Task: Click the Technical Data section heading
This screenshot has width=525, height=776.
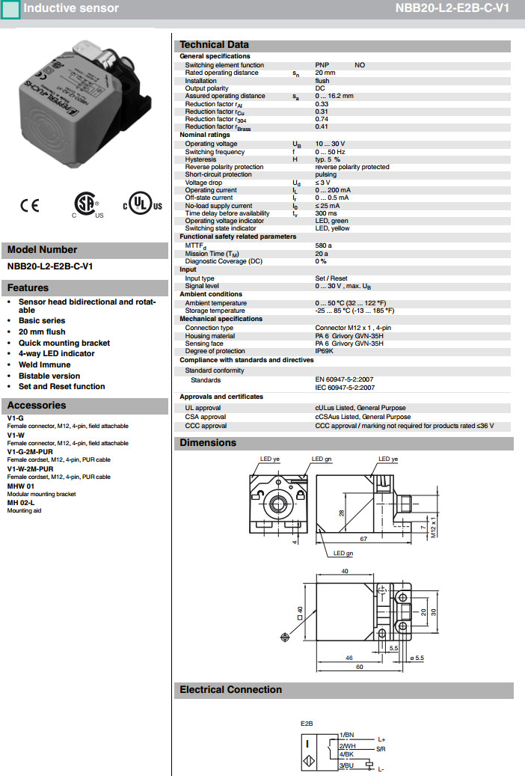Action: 214,45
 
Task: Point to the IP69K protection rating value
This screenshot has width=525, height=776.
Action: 325,351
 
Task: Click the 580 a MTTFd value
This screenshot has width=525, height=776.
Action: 323,245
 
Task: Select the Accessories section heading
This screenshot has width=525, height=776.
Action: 37,406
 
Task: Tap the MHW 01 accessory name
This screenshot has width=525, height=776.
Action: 20,486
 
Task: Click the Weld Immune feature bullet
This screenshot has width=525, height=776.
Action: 45,364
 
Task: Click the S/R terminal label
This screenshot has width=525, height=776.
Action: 381,748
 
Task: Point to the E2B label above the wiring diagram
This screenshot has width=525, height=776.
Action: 306,724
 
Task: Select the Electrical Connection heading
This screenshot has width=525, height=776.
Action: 230,690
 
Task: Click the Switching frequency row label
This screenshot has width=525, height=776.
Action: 215,152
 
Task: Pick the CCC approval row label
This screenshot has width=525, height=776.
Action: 206,426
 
